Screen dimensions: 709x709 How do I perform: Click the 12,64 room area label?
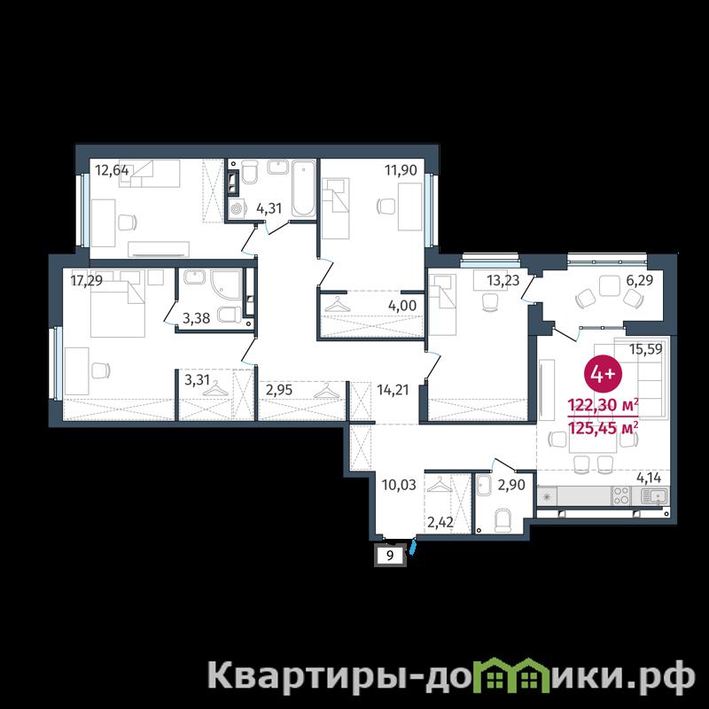click(112, 171)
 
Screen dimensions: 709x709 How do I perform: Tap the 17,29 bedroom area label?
click(86, 281)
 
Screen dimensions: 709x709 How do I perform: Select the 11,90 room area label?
click(401, 170)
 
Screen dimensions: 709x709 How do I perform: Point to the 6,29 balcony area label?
click(639, 281)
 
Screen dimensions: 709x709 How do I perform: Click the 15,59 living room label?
click(646, 349)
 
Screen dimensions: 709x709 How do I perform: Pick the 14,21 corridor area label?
click(393, 390)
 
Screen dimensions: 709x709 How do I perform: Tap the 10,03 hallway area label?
click(399, 485)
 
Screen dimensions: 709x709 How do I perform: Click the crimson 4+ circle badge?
click(604, 374)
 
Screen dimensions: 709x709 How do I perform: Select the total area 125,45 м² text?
click(604, 427)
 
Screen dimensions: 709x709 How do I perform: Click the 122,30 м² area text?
click(604, 405)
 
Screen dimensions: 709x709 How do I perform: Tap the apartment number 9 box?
click(390, 555)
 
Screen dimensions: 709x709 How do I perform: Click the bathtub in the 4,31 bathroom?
click(303, 188)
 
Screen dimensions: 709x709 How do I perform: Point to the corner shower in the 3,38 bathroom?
click(225, 284)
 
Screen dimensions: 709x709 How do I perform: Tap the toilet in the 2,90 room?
click(503, 520)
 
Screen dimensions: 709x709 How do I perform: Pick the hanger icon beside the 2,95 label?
click(326, 391)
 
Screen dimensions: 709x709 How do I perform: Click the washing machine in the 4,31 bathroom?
click(237, 209)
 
